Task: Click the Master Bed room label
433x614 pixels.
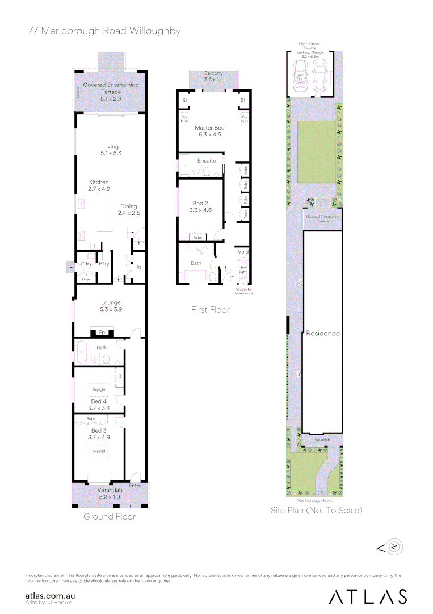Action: [208, 128]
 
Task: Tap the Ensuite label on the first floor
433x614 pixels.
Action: [207, 161]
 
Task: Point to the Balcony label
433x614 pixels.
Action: [213, 74]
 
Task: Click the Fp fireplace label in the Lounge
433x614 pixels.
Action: [102, 332]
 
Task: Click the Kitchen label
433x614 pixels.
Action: [99, 182]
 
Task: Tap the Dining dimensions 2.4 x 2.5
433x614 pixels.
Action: [128, 213]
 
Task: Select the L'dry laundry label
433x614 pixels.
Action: [86, 264]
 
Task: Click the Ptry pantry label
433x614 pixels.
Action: [104, 264]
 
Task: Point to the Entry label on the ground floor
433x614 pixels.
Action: [134, 486]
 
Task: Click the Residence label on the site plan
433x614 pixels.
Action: [322, 333]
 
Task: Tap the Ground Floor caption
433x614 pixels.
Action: [110, 517]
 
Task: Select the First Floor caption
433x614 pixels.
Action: [211, 310]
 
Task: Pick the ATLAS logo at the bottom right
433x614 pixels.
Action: [368, 596]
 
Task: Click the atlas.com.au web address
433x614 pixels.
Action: [51, 595]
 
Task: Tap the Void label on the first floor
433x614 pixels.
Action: [243, 252]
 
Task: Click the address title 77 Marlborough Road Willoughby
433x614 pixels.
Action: [104, 31]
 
